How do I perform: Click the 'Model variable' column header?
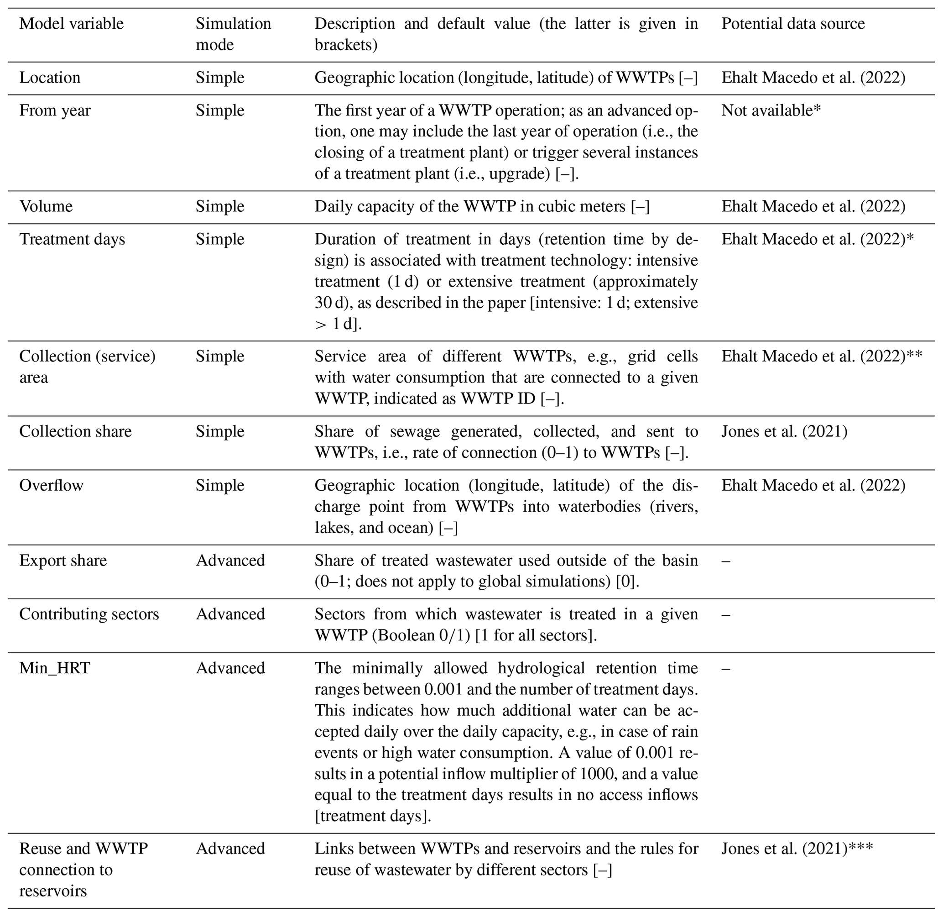pos(71,24)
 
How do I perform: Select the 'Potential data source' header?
pos(792,24)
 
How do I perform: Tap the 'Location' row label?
pos(50,78)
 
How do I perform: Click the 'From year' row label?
pos(55,110)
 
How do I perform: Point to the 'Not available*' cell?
pos(771,110)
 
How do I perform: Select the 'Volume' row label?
pos(46,206)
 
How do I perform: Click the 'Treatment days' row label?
pos(72,239)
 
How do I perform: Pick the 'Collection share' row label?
pos(75,431)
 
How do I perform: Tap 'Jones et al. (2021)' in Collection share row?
pos(784,431)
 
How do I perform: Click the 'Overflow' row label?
pos(51,485)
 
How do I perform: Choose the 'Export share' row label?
pos(63,560)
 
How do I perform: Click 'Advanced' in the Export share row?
pos(230,560)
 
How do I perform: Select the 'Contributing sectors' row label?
pos(89,614)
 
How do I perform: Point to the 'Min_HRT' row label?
pos(54,668)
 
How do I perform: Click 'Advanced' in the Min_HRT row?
pos(230,668)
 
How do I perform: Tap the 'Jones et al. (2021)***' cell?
pos(797,848)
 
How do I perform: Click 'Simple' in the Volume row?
pos(219,206)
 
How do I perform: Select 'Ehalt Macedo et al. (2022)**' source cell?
pos(821,356)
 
